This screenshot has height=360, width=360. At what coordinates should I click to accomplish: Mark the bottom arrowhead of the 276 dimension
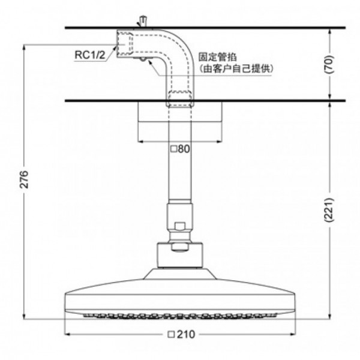click(x=23, y=316)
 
